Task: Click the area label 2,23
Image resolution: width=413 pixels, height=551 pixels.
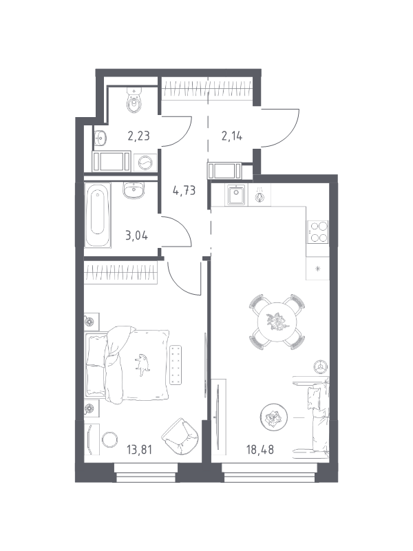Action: click(x=139, y=136)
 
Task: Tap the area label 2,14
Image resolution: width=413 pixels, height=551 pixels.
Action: click(x=232, y=136)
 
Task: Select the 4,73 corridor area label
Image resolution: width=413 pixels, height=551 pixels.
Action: click(x=184, y=191)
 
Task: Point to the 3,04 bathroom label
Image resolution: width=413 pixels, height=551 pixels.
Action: click(x=136, y=235)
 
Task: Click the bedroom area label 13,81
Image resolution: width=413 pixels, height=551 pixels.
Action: click(x=140, y=450)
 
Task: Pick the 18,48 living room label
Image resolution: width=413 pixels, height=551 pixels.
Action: click(x=260, y=450)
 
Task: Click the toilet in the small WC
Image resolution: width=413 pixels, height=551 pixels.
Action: click(x=134, y=100)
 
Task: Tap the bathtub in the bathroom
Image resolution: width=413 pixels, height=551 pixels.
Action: click(x=98, y=214)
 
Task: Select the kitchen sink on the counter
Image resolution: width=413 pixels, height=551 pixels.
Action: click(x=236, y=195)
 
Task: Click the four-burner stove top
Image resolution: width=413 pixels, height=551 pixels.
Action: click(x=319, y=232)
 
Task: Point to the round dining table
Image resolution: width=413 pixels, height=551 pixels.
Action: click(x=278, y=322)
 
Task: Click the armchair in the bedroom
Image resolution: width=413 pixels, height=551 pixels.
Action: click(x=180, y=437)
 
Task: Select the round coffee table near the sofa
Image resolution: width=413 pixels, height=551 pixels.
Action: click(x=274, y=417)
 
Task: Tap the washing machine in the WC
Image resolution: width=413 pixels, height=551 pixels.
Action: click(x=145, y=162)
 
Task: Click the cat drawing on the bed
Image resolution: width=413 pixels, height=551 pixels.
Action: click(x=142, y=364)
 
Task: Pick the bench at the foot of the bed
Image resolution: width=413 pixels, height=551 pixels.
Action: click(x=176, y=365)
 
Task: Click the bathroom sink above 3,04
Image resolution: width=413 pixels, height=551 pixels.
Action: click(x=134, y=190)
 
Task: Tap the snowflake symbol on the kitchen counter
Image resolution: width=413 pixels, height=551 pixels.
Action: click(x=318, y=269)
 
